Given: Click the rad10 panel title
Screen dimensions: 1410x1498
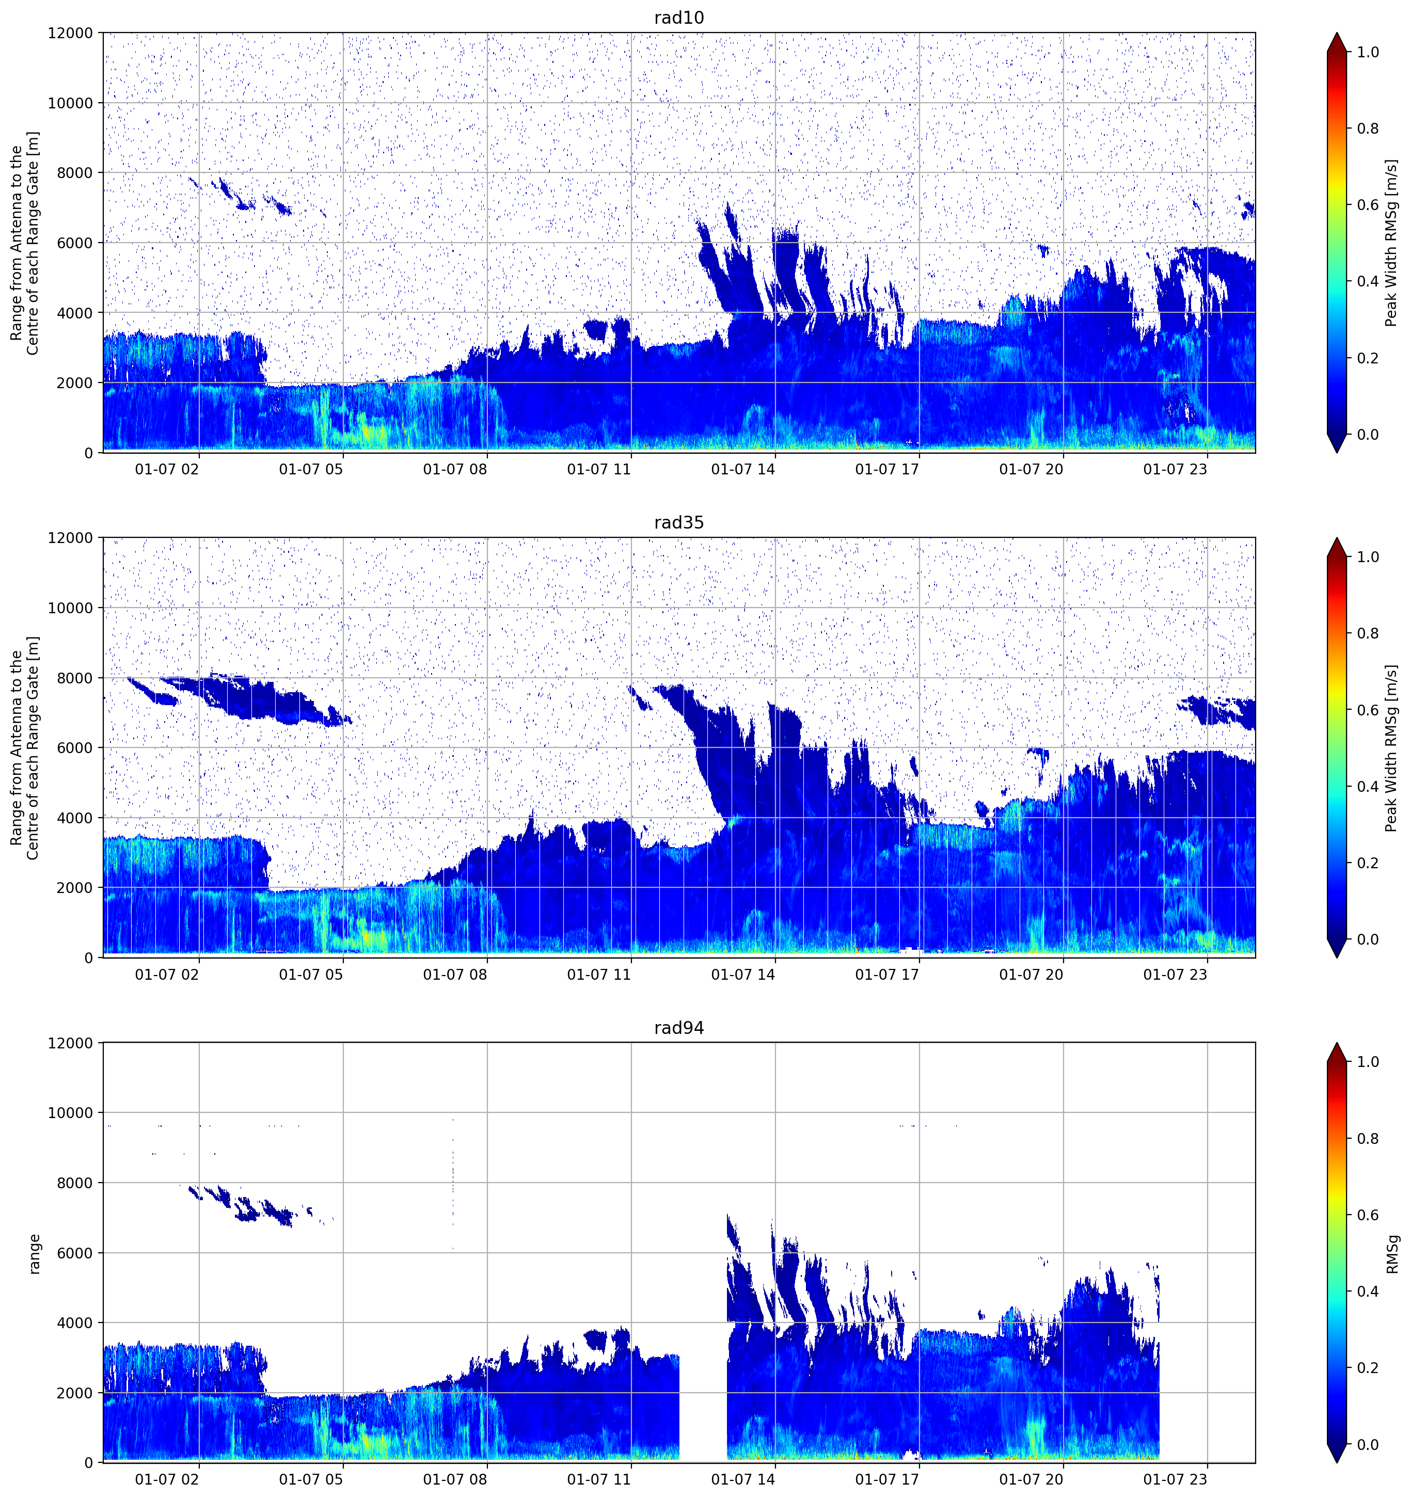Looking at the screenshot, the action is (678, 18).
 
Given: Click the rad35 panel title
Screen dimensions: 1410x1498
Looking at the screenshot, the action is (678, 522).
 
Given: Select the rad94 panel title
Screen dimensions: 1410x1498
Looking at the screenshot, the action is (678, 1028).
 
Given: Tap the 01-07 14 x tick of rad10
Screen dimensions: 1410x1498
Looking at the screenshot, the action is (742, 469).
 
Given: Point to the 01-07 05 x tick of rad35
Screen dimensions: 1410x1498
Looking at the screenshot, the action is (310, 974).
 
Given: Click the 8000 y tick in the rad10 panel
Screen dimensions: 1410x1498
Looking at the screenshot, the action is (76, 172).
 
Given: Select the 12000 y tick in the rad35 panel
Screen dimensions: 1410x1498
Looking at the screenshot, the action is (71, 538).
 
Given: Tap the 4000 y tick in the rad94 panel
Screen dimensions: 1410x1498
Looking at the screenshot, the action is (76, 1323).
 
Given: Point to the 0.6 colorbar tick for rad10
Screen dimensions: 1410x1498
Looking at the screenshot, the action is (1368, 205).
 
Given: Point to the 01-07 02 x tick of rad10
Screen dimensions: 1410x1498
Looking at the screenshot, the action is (167, 469).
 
